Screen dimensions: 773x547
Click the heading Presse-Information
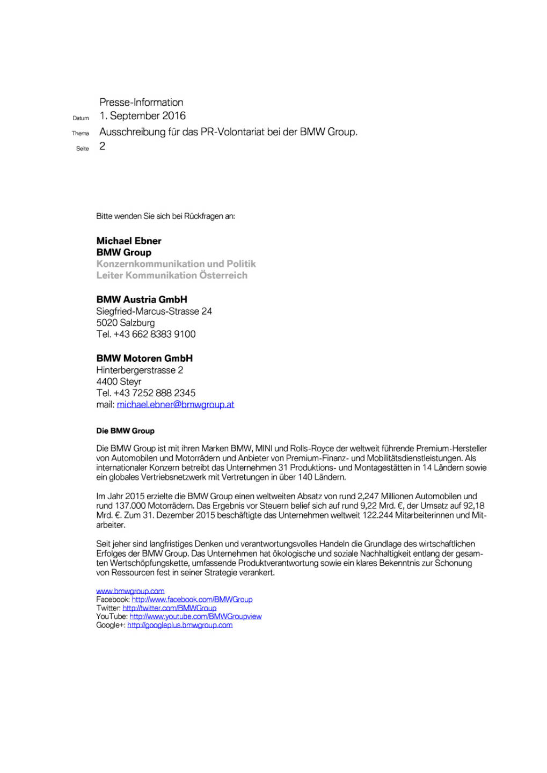coord(141,102)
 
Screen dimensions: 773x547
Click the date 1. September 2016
coord(142,115)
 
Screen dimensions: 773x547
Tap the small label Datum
coord(81,118)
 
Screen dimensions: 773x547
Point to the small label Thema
coord(81,133)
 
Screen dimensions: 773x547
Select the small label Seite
coord(82,149)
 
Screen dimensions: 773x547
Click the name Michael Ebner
coord(129,240)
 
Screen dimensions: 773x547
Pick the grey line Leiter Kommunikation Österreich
coord(172,275)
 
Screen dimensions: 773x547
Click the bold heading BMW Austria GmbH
coord(142,300)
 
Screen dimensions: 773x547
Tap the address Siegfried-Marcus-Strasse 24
coord(154,311)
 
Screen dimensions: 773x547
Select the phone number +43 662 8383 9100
coord(155,334)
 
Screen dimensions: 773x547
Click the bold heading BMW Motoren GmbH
coord(144,358)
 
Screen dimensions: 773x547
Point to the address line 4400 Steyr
coord(119,382)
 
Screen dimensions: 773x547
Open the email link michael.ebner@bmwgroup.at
coord(176,405)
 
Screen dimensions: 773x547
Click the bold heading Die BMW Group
coord(125,431)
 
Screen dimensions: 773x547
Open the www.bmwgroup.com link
coord(130,591)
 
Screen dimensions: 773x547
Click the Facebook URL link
coord(192,600)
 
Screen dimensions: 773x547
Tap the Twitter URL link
coord(170,608)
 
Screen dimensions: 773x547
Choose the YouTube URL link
coord(195,617)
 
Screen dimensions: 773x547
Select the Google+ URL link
coord(180,625)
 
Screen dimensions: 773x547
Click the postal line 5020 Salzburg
coord(126,323)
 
